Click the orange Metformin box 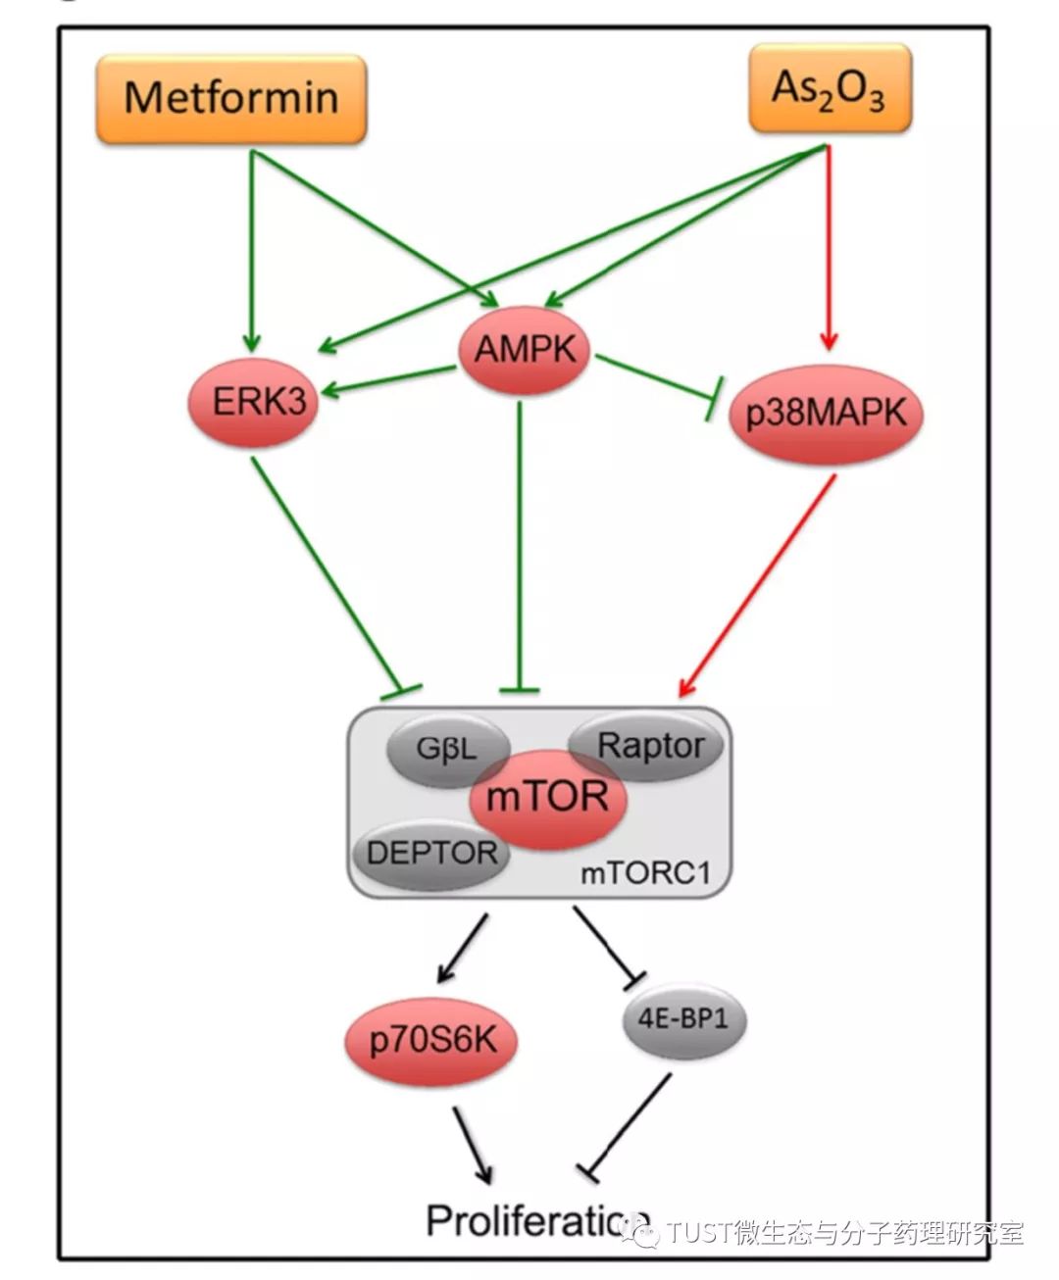(231, 99)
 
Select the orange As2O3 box (830, 89)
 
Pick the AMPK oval (524, 350)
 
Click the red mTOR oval (547, 797)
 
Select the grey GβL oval (446, 751)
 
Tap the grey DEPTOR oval (431, 853)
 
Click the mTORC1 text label (644, 872)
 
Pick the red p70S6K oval (431, 1040)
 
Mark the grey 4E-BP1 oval (683, 1019)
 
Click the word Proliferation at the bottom (534, 1220)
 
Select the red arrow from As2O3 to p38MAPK (830, 245)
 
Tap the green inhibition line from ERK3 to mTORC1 (328, 568)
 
